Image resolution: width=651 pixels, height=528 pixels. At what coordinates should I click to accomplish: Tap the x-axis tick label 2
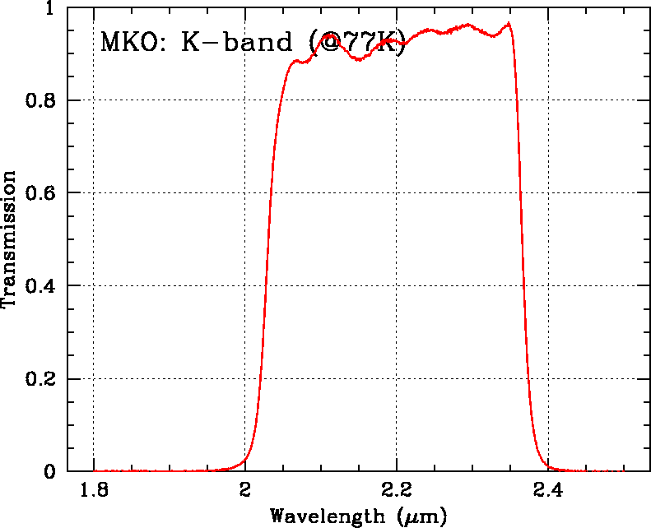click(x=244, y=492)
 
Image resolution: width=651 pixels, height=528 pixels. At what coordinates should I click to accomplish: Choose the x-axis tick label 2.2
click(x=396, y=492)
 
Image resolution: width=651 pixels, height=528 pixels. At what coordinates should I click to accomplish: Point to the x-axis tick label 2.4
click(x=547, y=492)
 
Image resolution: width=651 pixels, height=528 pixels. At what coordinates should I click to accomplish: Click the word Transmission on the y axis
click(x=10, y=239)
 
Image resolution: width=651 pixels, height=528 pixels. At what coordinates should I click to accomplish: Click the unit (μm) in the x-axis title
click(x=422, y=516)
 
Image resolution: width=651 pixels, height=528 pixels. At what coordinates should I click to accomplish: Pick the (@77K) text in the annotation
click(x=360, y=41)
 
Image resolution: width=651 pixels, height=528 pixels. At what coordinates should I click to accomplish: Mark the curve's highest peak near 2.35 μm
click(x=509, y=23)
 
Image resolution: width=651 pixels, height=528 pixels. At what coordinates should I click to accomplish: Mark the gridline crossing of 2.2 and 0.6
click(x=396, y=193)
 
